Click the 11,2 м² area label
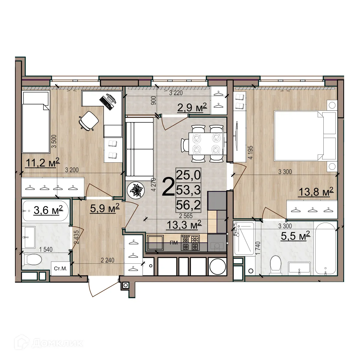pyautogui.click(x=43, y=162)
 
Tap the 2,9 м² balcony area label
pyautogui.click(x=192, y=107)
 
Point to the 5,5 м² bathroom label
pyautogui.click(x=295, y=236)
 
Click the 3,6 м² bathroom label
pyautogui.click(x=48, y=210)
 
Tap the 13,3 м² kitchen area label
pyautogui.click(x=184, y=225)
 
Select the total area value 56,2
pyautogui.click(x=188, y=205)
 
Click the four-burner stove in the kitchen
pyautogui.click(x=190, y=243)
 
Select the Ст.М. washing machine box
pyautogui.click(x=60, y=268)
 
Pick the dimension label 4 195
pyautogui.click(x=250, y=152)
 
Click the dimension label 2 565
pyautogui.click(x=186, y=216)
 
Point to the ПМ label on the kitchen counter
pyautogui.click(x=174, y=243)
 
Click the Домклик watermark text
pyautogui.click(x=57, y=343)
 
